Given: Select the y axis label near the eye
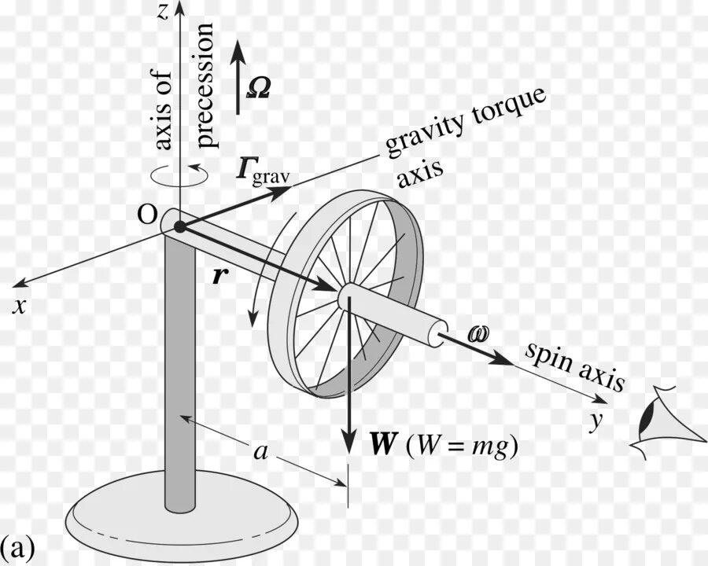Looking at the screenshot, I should coord(596,421).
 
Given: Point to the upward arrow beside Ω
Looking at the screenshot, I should coord(241,75).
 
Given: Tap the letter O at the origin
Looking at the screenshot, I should coord(146,215).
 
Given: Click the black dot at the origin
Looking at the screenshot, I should coord(180,227).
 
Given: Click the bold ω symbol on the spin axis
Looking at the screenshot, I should coord(478,334).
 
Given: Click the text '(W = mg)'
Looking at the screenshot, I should coord(463,446).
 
